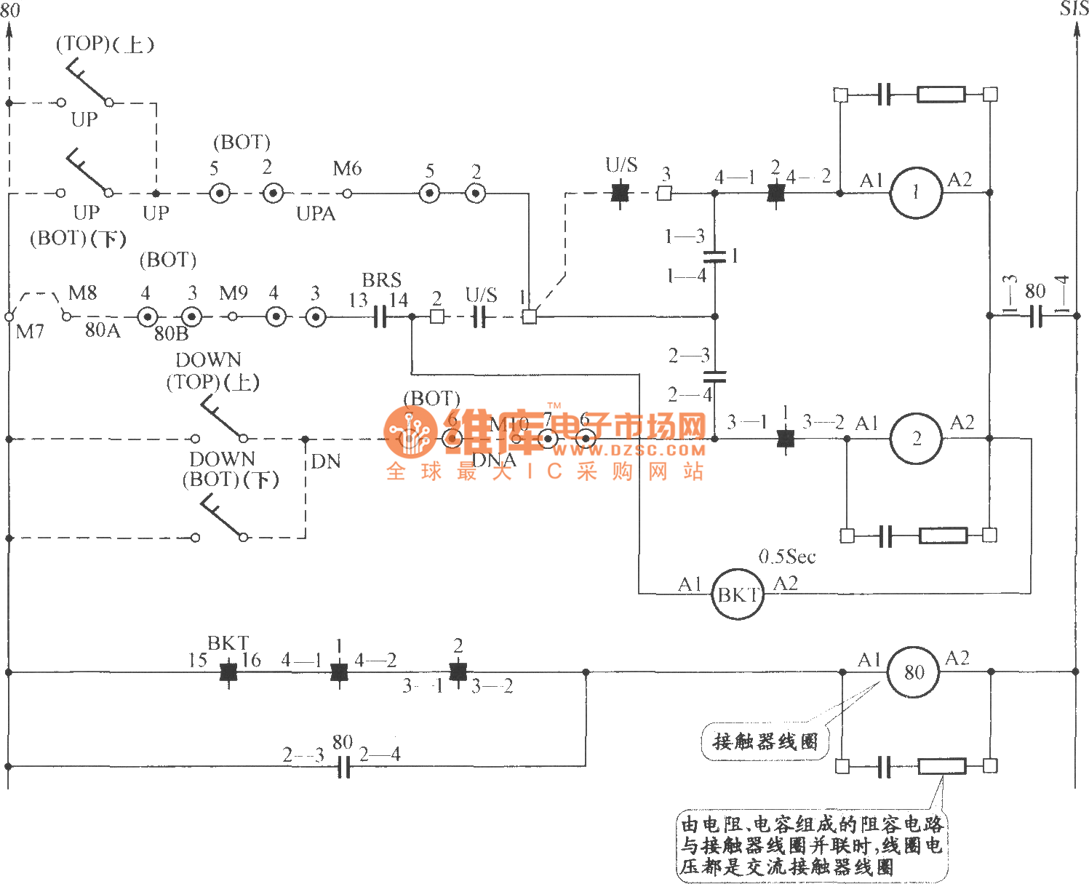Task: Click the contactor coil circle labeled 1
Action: pos(916,193)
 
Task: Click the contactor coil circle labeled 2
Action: pos(917,439)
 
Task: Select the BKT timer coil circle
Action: pos(737,594)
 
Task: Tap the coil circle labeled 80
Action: pos(914,672)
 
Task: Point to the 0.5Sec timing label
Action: pos(787,557)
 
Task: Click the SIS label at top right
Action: pos(1074,9)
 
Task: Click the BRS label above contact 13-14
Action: pos(382,280)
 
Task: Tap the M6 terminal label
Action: pos(347,169)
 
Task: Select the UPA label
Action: pos(316,214)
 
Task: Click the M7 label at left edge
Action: pos(30,332)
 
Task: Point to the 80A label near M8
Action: pos(103,330)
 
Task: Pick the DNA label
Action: pos(494,460)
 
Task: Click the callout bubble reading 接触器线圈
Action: pos(765,741)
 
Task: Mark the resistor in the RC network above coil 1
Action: pos(941,95)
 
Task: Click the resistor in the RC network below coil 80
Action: pos(942,766)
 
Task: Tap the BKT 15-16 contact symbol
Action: pos(229,672)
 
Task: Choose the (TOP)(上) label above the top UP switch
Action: pos(105,44)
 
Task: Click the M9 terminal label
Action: pos(234,293)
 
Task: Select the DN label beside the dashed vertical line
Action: pos(325,462)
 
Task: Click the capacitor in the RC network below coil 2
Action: pos(885,536)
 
